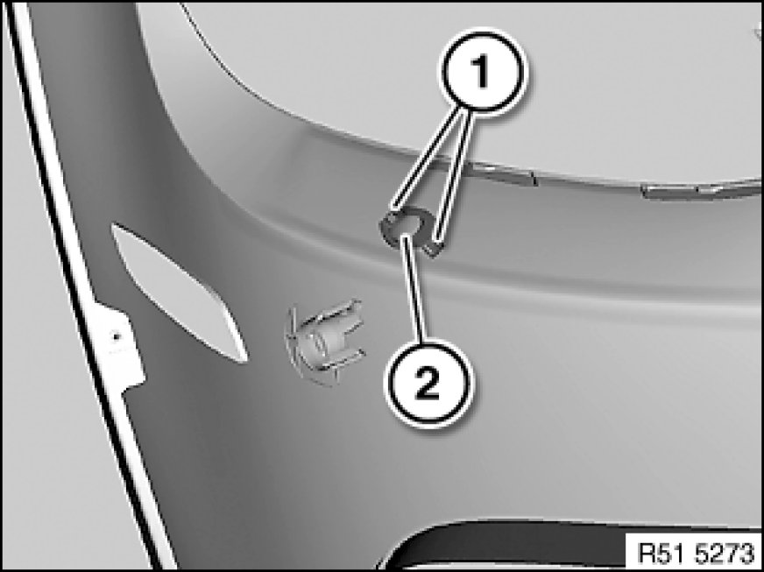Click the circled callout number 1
click(x=482, y=72)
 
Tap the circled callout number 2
click(x=428, y=384)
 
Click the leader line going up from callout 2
click(x=414, y=287)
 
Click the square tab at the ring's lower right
click(x=433, y=249)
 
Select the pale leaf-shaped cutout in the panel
click(x=179, y=293)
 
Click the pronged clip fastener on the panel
click(x=325, y=341)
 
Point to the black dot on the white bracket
click(x=116, y=336)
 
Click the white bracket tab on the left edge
click(x=119, y=346)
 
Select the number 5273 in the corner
click(x=725, y=553)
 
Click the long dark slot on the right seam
click(x=702, y=190)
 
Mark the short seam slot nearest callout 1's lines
click(x=502, y=174)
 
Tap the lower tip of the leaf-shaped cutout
click(x=244, y=361)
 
